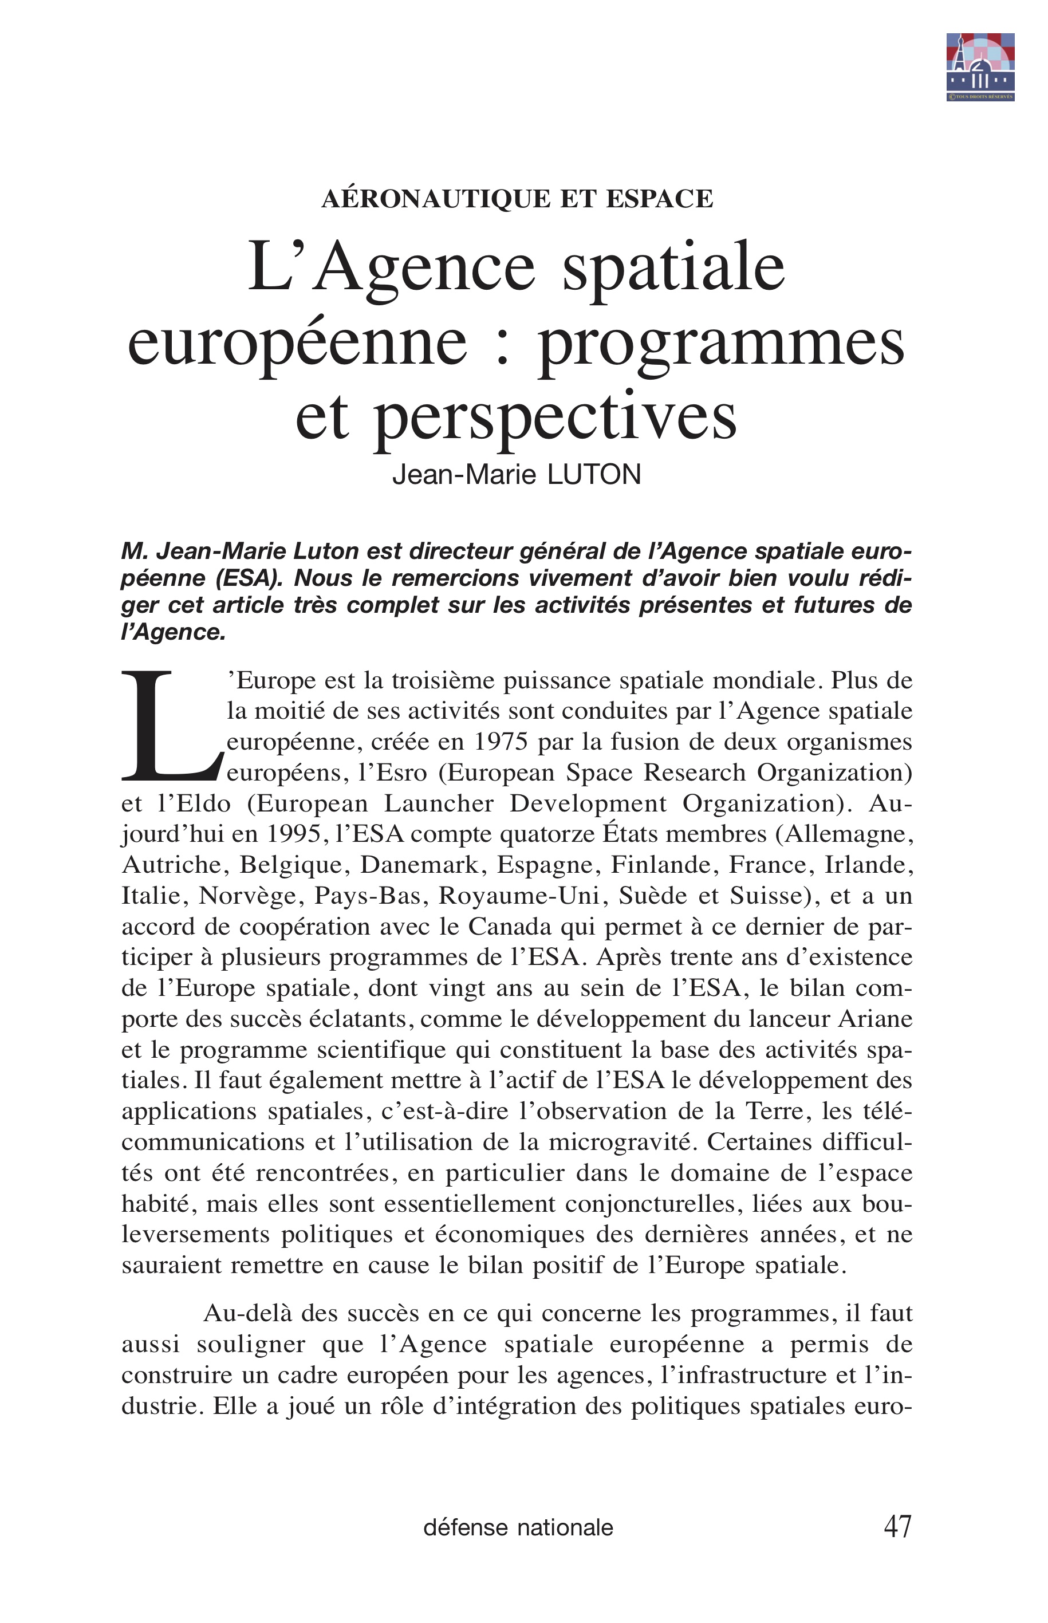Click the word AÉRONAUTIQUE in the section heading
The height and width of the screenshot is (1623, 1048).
coord(436,199)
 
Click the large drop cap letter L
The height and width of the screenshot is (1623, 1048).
coord(170,726)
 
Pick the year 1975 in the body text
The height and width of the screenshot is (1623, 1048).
coord(500,742)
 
